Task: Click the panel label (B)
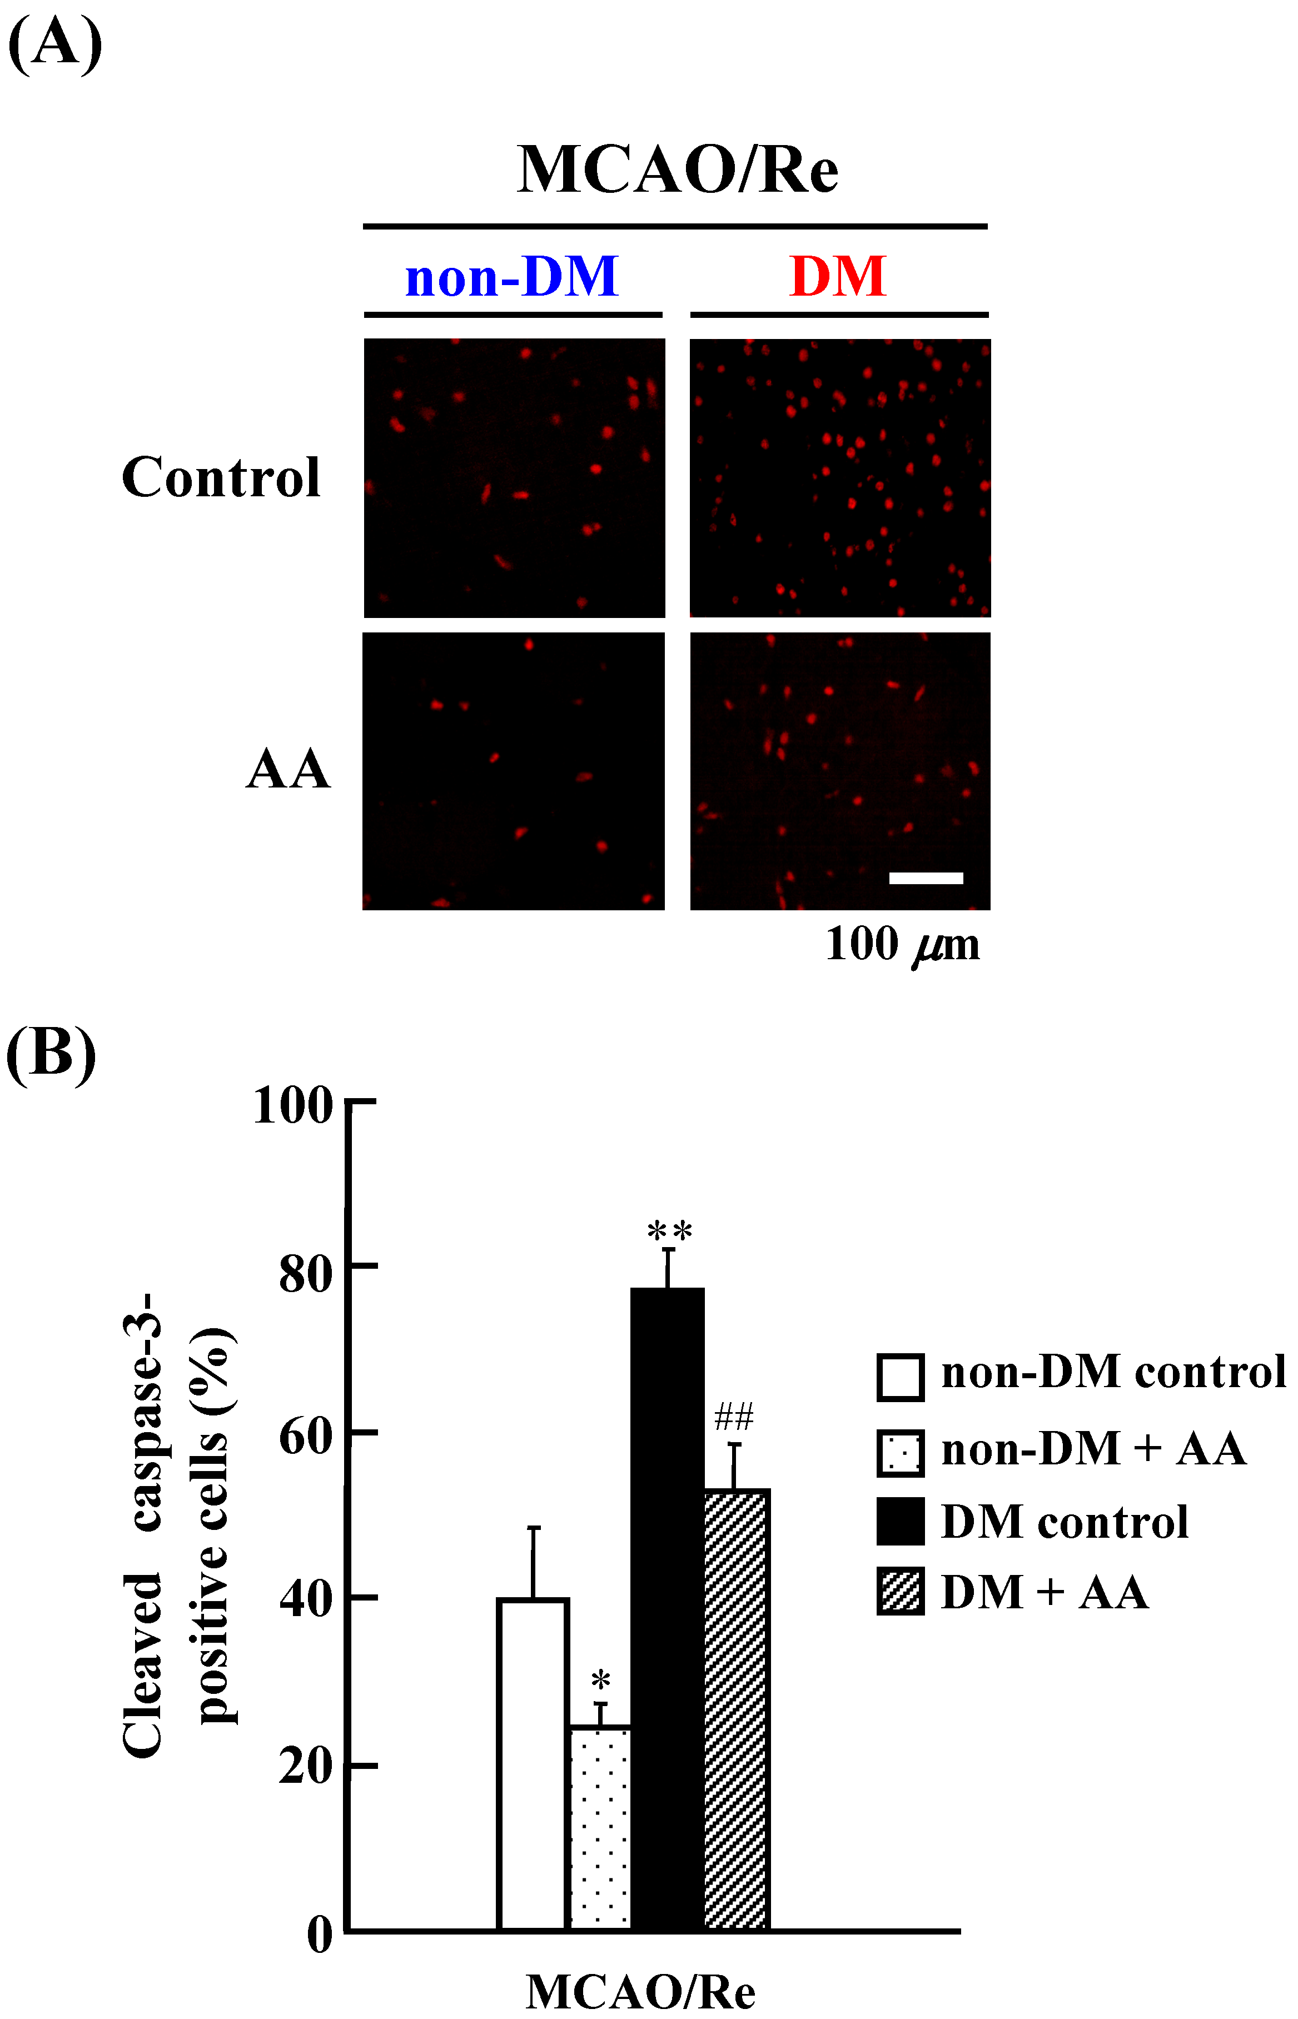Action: pyautogui.click(x=51, y=1053)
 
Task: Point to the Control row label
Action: pyautogui.click(x=221, y=478)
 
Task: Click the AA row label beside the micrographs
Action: pyautogui.click(x=289, y=769)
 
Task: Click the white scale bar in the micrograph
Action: pyautogui.click(x=926, y=878)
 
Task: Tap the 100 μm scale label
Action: pyautogui.click(x=902, y=945)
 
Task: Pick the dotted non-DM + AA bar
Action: pyautogui.click(x=600, y=1828)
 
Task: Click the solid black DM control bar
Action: pyautogui.click(x=668, y=1609)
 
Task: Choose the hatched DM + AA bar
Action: pyautogui.click(x=736, y=1711)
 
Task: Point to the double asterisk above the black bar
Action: pyautogui.click(x=669, y=1233)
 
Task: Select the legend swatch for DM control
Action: pyautogui.click(x=900, y=1521)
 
